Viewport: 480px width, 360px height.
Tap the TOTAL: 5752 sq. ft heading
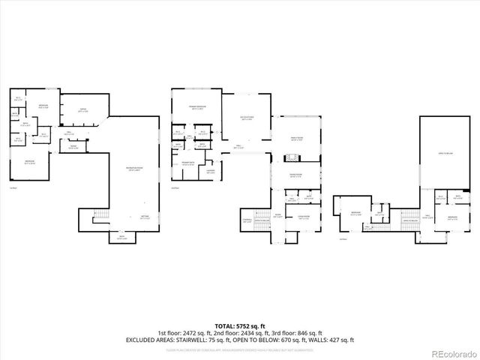[240, 325]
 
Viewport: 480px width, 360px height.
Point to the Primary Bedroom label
[196, 108]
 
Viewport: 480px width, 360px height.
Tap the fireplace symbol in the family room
[291, 158]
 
